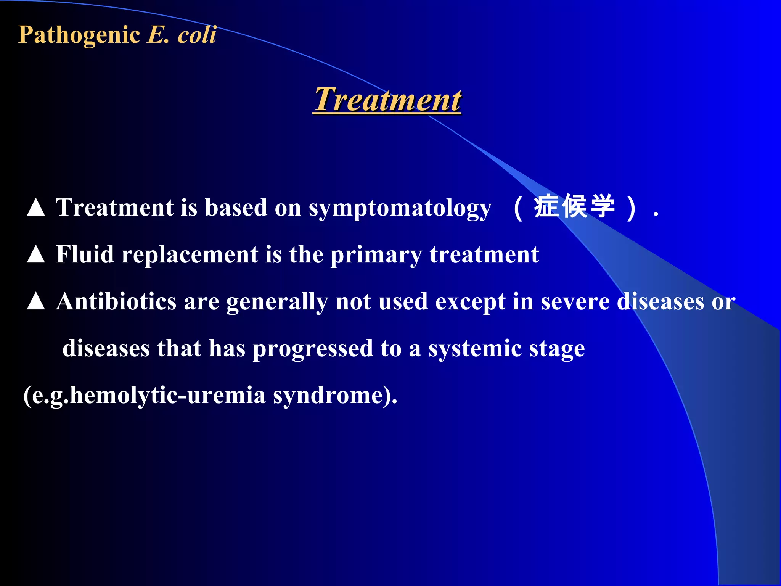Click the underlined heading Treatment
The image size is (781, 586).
coord(387,100)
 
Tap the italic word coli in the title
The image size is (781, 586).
coord(197,35)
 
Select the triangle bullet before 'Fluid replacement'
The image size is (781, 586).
coord(36,254)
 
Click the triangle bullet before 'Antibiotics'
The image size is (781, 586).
coord(36,301)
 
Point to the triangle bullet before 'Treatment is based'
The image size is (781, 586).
coord(36,208)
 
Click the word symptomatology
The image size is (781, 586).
coord(400,208)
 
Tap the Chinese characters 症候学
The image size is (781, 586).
coord(574,206)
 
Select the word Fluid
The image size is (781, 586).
coord(85,254)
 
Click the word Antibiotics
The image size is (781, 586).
coord(116,301)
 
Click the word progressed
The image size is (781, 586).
coord(313,349)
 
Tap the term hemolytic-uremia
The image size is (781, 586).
coord(168,395)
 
